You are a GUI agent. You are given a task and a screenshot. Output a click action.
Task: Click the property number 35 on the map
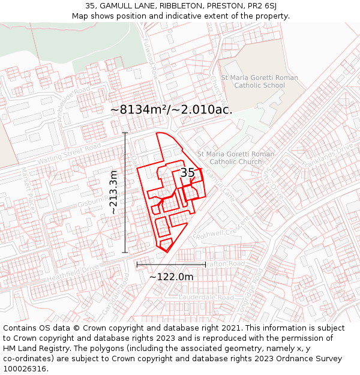coord(187,173)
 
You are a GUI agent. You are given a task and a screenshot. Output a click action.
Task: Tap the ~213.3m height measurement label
coord(113,193)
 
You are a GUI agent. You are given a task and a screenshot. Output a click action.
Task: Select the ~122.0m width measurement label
coord(171,277)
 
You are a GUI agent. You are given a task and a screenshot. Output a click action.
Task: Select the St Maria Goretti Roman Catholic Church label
coord(235,158)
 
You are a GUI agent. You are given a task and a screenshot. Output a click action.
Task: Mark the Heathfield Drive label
coord(73,273)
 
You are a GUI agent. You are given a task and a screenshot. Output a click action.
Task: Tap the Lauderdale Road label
coord(209,298)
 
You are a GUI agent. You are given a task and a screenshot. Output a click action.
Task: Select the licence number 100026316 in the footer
coord(25,368)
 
